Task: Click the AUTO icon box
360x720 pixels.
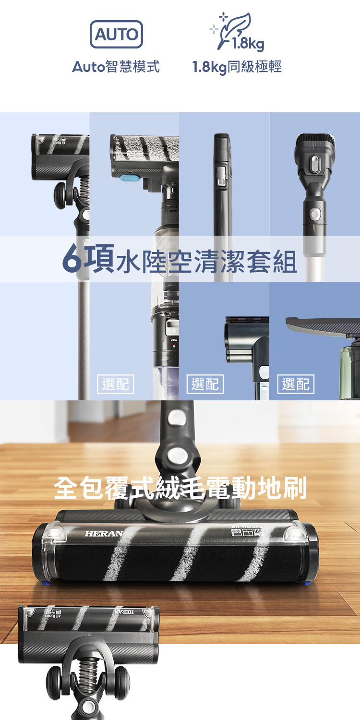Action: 116,35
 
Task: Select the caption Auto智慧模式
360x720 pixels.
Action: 116,67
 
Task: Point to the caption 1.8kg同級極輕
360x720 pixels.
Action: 237,67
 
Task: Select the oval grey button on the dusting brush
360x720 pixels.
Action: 314,165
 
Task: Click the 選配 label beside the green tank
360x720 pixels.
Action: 296,384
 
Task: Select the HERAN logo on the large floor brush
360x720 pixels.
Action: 104,534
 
